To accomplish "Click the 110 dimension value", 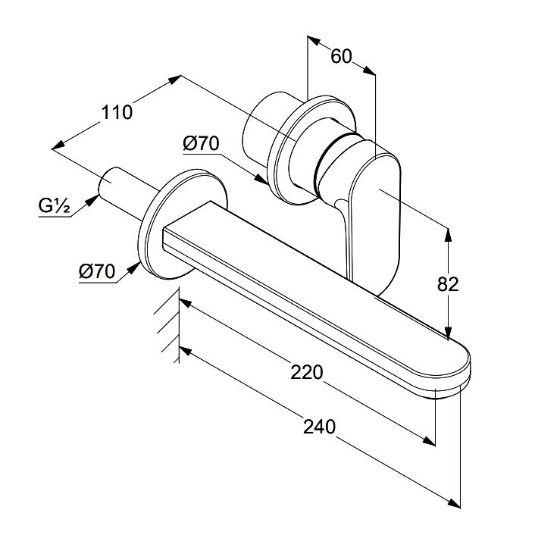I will (x=117, y=112).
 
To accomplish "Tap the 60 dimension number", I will (x=343, y=56).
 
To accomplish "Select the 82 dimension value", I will (x=449, y=283).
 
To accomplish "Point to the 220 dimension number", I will (x=308, y=372).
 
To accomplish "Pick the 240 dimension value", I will (x=319, y=426).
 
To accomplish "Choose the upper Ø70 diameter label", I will (x=200, y=142).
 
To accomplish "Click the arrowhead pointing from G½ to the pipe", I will (x=94, y=199).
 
